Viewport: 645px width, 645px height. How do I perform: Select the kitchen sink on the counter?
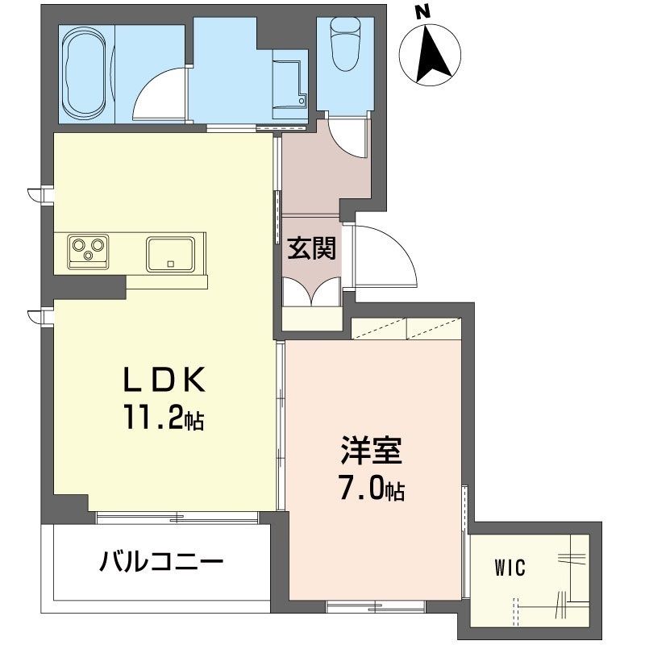coord(170,253)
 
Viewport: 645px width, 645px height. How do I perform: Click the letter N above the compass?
coord(421,12)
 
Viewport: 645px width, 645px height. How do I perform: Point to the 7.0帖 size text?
coord(372,489)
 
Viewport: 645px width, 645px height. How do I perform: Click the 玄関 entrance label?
coord(312,250)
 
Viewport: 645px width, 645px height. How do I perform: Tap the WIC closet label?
coord(510,568)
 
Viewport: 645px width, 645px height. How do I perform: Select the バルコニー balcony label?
coord(161,561)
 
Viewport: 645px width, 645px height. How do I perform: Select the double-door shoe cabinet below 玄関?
coord(311,293)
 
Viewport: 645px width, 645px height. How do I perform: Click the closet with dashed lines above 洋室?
coord(406,330)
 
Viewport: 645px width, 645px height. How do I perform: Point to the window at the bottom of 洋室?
coord(375,605)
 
